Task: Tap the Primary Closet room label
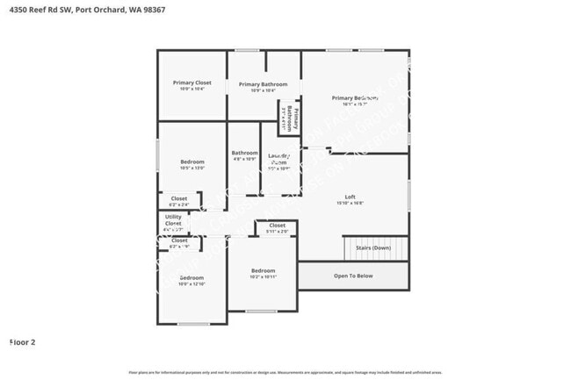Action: click(x=192, y=82)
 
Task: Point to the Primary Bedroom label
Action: click(x=354, y=97)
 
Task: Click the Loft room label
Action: click(x=350, y=197)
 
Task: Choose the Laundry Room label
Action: click(x=278, y=156)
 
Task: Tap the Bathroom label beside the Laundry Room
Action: click(x=245, y=153)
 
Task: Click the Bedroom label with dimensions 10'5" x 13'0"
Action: click(x=192, y=161)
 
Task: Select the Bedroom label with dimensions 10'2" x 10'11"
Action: click(x=263, y=270)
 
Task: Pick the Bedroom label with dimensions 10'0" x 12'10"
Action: click(x=192, y=277)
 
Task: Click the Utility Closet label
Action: click(x=173, y=219)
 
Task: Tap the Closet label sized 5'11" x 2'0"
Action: click(x=277, y=226)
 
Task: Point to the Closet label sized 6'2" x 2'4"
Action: click(x=179, y=198)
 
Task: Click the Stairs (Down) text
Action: click(x=372, y=247)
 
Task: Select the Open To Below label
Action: click(x=352, y=276)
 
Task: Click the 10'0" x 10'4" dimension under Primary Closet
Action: click(x=192, y=89)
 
